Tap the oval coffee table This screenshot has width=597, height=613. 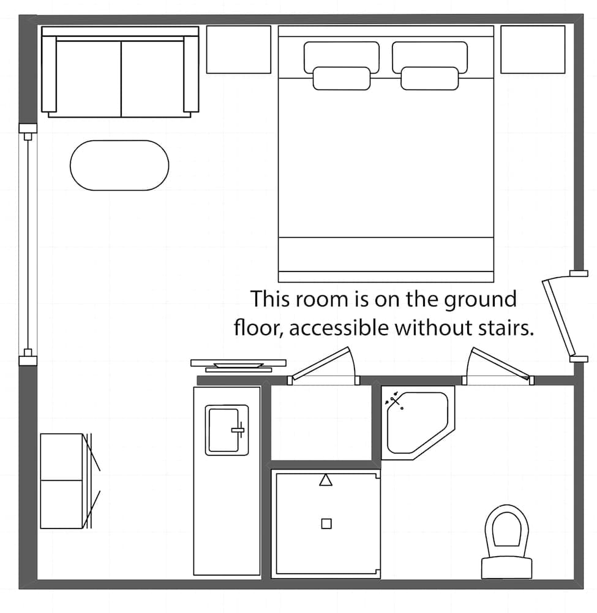point(119,166)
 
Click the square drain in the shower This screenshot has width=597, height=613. point(326,523)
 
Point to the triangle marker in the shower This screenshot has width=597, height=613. point(326,480)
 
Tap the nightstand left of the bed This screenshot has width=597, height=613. point(238,49)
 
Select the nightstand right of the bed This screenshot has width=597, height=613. point(533,49)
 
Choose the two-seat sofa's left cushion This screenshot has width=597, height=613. point(89,78)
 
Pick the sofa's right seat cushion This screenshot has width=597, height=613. point(153,78)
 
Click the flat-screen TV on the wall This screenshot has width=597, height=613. point(238,364)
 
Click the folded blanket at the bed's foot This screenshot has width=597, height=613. point(386,254)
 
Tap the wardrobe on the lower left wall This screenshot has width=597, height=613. point(61,481)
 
